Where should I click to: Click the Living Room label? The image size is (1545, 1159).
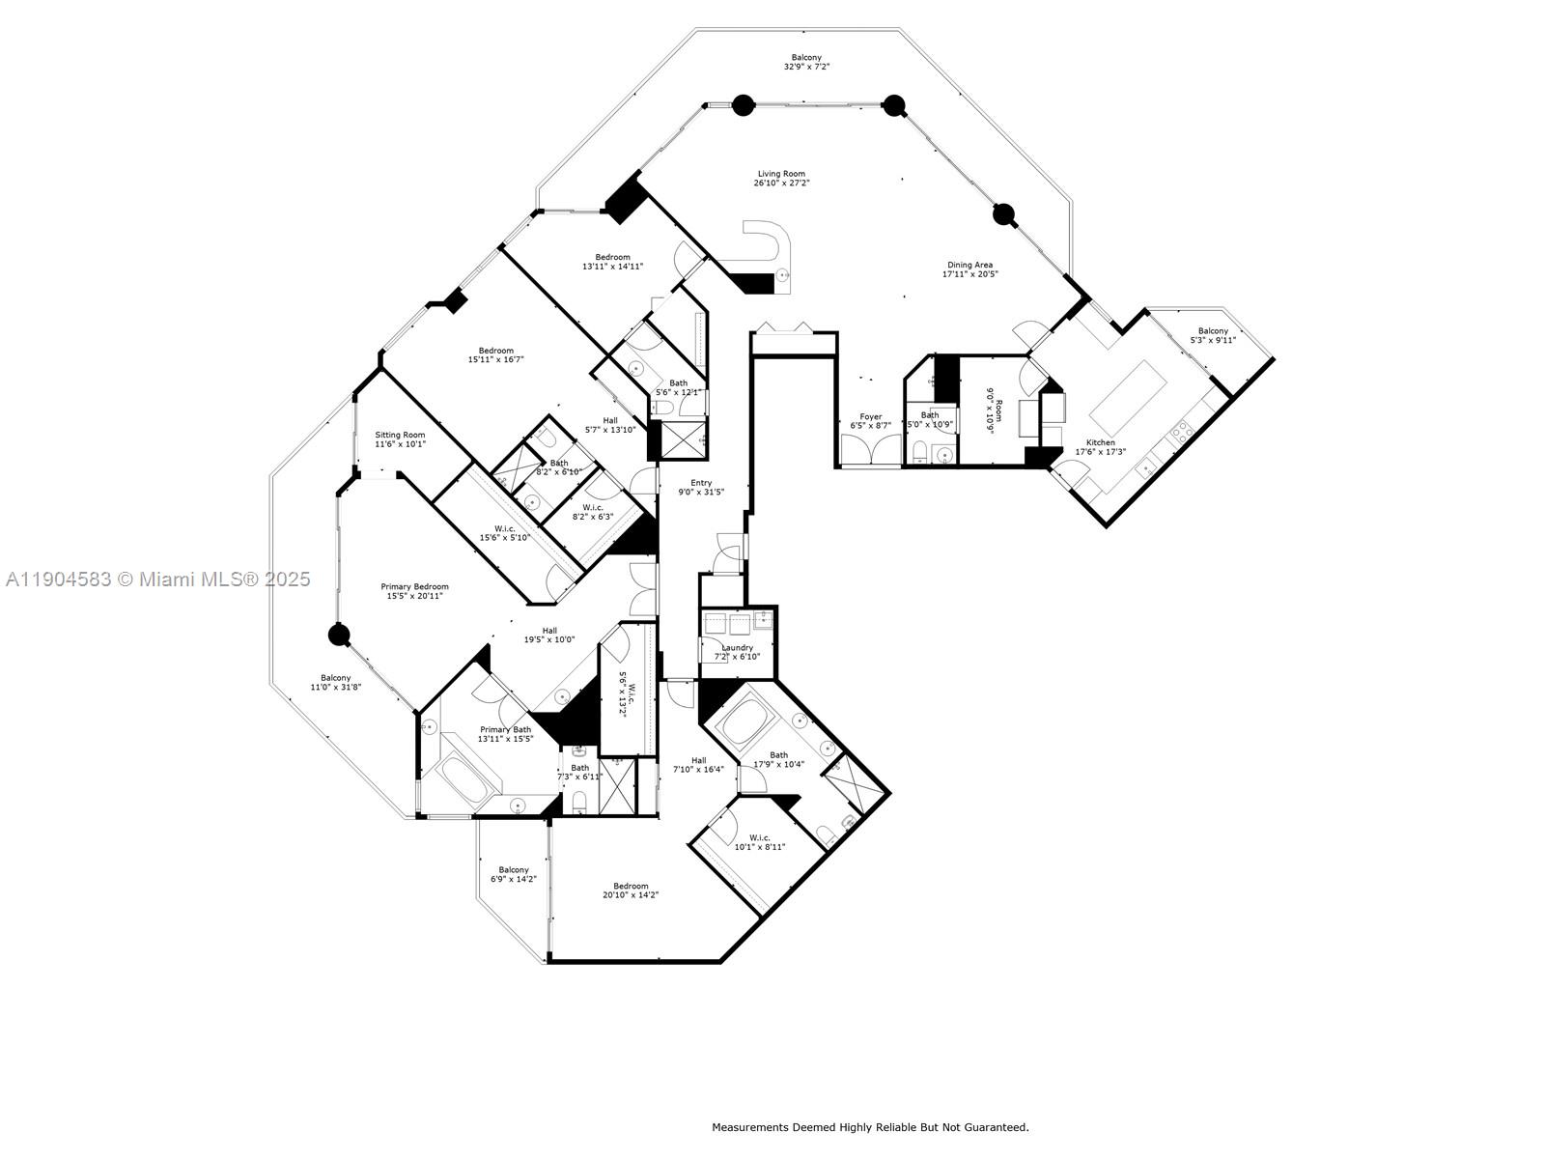(781, 175)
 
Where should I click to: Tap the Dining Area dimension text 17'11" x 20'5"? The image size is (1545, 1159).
(969, 274)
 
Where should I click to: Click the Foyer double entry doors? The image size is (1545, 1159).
(871, 451)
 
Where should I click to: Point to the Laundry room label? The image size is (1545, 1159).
(737, 648)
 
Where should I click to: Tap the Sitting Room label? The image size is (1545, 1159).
(400, 435)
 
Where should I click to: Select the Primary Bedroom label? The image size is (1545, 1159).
(414, 586)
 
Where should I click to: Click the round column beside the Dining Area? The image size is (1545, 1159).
(1004, 213)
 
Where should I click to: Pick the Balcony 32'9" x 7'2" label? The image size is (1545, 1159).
(806, 58)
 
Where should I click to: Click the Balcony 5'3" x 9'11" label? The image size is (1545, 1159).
(1213, 331)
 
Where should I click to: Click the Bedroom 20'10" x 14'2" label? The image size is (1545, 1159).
(631, 887)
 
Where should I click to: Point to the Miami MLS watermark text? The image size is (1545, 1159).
(158, 579)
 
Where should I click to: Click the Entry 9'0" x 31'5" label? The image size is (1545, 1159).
(701, 483)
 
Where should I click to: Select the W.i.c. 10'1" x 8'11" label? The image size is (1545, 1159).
(760, 837)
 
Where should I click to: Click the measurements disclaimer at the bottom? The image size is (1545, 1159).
(870, 1127)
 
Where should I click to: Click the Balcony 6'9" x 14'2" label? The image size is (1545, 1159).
(514, 870)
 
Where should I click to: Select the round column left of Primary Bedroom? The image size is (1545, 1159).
(338, 635)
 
